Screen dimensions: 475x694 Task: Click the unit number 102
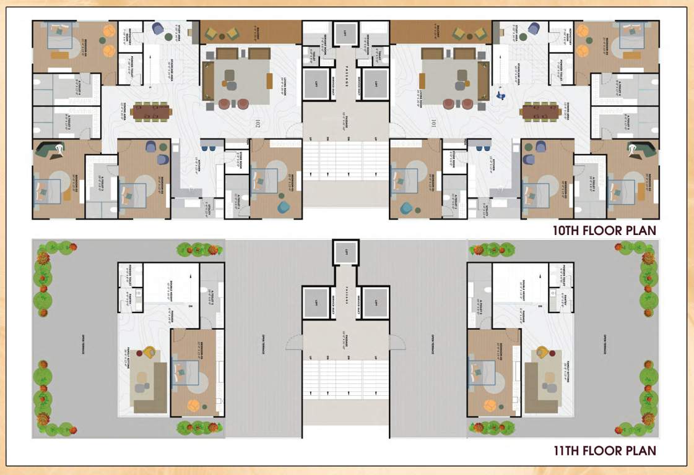coord(257,124)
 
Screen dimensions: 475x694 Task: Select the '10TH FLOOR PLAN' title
coord(604,231)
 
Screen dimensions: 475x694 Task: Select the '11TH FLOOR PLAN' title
coord(604,450)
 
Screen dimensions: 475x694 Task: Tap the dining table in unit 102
coord(152,112)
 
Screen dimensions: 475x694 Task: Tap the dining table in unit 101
coord(541,112)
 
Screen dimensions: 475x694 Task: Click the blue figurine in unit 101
coord(501,96)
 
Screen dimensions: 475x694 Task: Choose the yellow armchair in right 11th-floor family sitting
coord(542,353)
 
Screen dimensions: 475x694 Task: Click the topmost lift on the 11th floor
coord(345,252)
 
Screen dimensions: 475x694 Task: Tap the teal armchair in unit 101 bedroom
coord(407,208)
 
